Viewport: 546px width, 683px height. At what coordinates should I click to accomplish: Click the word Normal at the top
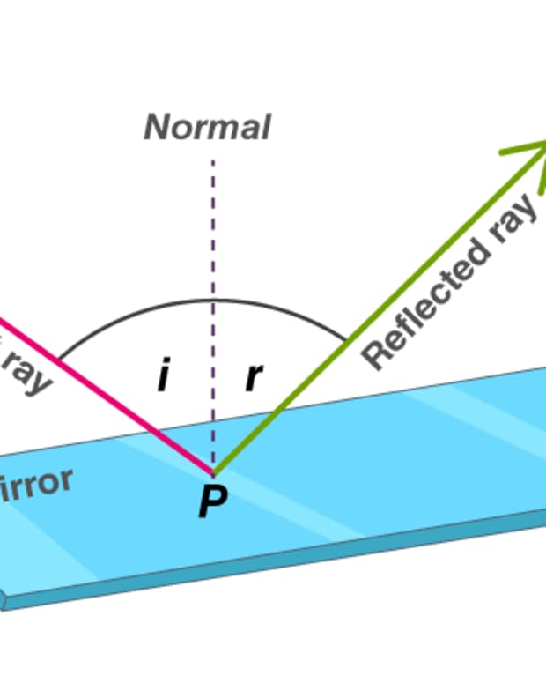[207, 128]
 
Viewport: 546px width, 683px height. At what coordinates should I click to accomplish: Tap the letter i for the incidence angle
[163, 377]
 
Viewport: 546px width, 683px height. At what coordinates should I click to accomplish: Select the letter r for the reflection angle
[254, 377]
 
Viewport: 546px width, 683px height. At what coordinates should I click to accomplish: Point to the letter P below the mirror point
[212, 502]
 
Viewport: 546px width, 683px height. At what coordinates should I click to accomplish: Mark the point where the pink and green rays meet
[213, 471]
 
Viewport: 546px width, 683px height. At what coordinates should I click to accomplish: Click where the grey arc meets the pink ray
[59, 360]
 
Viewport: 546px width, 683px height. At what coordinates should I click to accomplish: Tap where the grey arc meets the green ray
[346, 339]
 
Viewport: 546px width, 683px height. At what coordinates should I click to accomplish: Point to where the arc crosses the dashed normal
[212, 301]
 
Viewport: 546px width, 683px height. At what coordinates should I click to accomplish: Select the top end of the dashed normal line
[212, 161]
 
